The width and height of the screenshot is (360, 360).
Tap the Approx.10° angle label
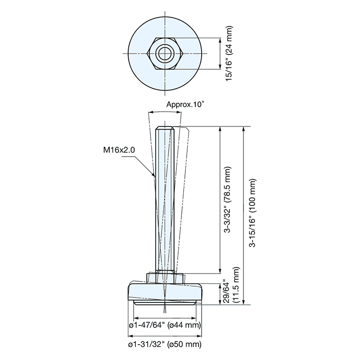(185, 104)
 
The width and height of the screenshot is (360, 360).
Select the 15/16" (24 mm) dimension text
(229, 54)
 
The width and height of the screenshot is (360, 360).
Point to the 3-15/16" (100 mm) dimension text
(253, 213)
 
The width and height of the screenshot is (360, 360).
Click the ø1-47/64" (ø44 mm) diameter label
(165, 325)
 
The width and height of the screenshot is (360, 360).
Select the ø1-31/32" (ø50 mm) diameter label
(165, 345)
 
